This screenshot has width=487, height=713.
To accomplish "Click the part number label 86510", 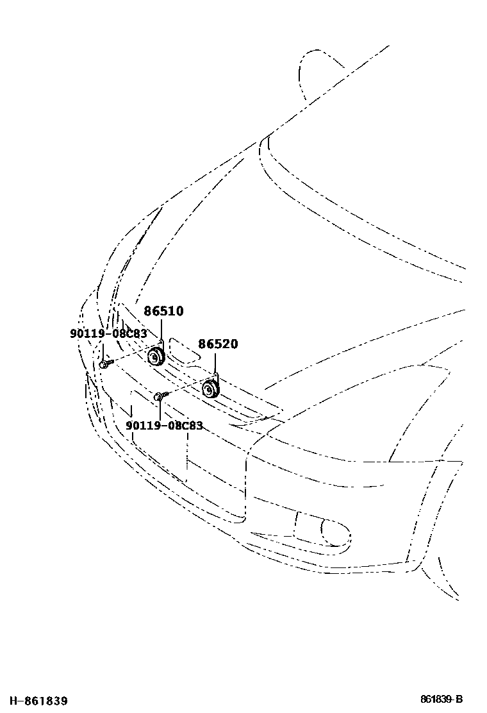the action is [163, 312].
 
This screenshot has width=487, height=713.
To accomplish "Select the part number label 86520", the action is [217, 344].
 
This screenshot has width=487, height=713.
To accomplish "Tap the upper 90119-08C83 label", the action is [108, 333].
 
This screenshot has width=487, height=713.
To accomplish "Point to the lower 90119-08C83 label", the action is [164, 426].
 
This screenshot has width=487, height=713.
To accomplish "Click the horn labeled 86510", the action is [156, 357].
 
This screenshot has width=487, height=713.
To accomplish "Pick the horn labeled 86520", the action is [210, 389].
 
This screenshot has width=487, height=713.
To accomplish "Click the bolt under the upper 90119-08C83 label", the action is [104, 364].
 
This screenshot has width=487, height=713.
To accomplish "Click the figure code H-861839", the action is [35, 701].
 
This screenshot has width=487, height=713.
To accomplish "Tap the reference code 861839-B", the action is [442, 699].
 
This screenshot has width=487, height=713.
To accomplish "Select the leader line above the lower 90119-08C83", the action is [158, 410].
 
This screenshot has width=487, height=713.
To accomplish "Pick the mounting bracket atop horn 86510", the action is [163, 345].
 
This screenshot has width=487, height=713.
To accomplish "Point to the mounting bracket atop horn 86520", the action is [217, 378].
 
